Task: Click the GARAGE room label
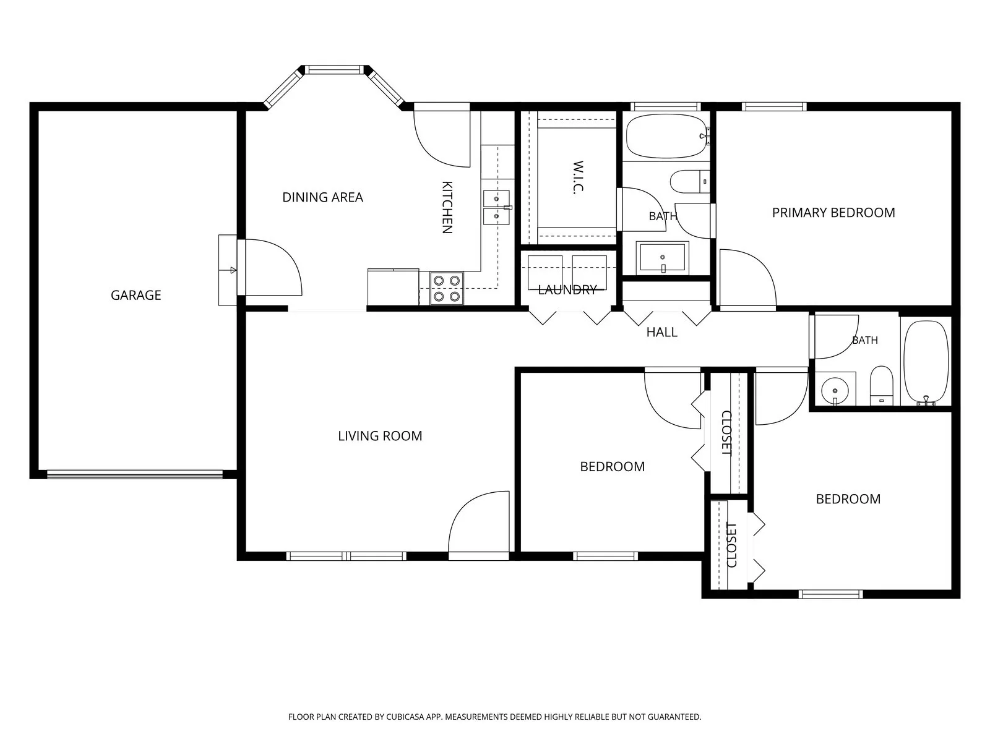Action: coord(136,295)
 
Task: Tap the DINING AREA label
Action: coord(322,197)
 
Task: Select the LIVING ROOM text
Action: coord(380,436)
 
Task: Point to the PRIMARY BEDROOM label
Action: coord(833,213)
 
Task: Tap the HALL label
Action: coord(661,332)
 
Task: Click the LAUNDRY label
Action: coord(567,289)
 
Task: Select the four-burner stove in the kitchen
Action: coord(447,288)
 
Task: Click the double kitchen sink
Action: coord(497,207)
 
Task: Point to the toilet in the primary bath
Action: coord(690,182)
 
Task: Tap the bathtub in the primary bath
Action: coord(666,135)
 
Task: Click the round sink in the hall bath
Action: coord(835,390)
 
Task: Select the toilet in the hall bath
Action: coord(881,385)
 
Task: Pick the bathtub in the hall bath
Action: coord(926,362)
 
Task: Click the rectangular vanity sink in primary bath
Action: coord(663,258)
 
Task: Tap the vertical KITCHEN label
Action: coord(447,207)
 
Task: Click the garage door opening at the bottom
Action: coord(135,474)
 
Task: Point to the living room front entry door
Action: coord(479,526)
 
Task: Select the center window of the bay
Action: coord(334,69)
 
